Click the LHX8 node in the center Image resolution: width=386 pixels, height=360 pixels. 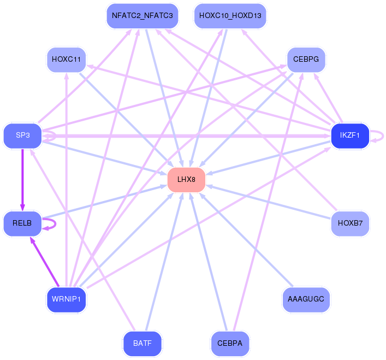click(x=186, y=180)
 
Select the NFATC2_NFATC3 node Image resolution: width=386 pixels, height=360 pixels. click(x=142, y=16)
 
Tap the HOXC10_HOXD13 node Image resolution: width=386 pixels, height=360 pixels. click(x=230, y=16)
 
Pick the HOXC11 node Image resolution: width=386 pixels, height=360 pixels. click(x=66, y=60)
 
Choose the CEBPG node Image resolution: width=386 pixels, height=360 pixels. click(x=306, y=60)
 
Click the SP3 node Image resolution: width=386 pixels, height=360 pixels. click(x=22, y=135)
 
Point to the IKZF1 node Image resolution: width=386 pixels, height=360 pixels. click(x=350, y=135)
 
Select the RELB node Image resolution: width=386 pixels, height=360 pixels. click(x=22, y=223)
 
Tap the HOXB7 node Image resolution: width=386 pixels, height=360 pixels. click(x=350, y=223)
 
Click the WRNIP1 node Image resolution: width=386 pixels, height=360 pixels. click(x=66, y=299)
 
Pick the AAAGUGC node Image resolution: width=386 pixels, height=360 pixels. click(x=306, y=299)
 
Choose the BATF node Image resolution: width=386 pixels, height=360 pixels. click(x=142, y=344)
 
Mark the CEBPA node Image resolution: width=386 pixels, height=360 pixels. click(x=230, y=344)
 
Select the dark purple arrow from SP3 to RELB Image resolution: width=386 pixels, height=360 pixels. click(x=22, y=180)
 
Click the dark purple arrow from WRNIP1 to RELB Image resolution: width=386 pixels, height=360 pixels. click(x=45, y=262)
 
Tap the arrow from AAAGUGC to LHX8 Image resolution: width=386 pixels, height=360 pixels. click(x=246, y=240)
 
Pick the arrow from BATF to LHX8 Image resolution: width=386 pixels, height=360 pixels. click(x=164, y=262)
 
